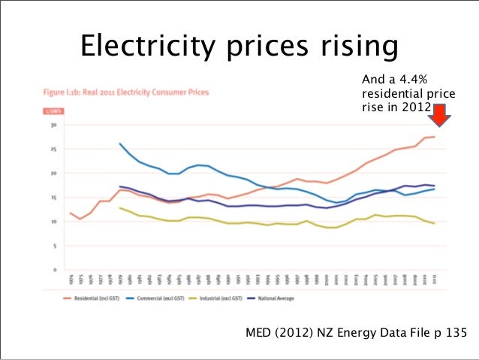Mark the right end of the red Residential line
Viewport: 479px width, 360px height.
coord(435,136)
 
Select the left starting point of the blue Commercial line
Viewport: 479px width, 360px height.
coord(120,144)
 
